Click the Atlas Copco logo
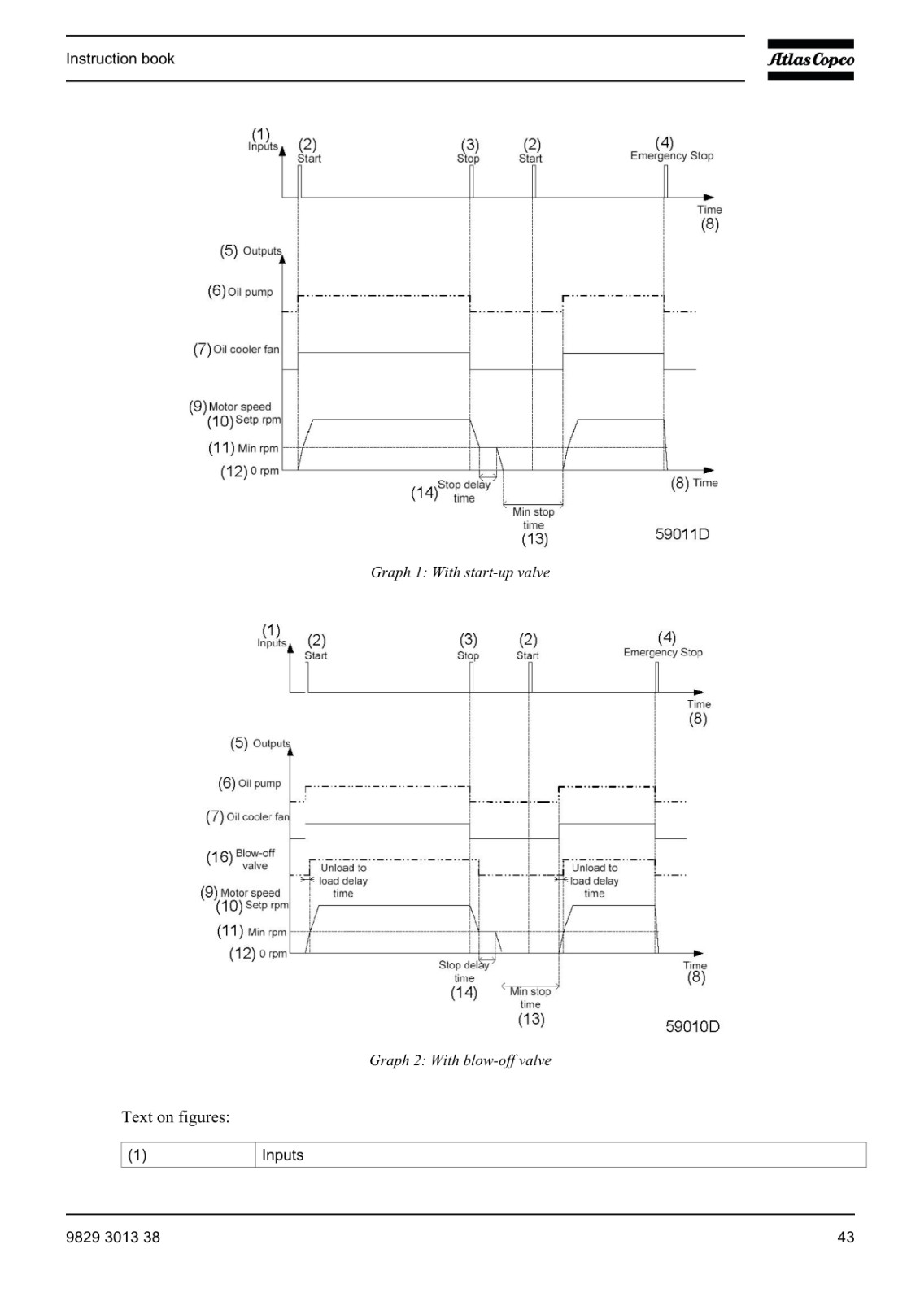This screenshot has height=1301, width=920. coord(810,60)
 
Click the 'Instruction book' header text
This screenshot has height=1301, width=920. coord(120,59)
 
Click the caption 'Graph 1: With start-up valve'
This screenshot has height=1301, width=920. coord(460,572)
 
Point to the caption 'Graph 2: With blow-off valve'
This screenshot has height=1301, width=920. coord(460,1060)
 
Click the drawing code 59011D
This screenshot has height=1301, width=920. coord(682,533)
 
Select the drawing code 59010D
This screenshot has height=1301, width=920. coord(692,1026)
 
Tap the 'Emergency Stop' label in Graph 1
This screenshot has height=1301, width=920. coord(672,155)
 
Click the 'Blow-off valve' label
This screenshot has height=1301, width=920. coord(255,859)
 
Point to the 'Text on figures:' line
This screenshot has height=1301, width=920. coord(176,1117)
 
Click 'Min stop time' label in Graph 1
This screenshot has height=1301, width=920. coord(533,519)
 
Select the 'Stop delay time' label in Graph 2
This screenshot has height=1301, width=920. coord(464,972)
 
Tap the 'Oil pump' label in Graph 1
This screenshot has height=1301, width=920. coord(250,292)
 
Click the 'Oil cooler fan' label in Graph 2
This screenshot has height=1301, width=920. coord(258,816)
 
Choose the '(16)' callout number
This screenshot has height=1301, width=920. coord(220,857)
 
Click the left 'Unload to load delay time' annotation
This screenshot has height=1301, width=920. coord(343,881)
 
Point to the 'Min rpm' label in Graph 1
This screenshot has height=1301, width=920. coord(258,448)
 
